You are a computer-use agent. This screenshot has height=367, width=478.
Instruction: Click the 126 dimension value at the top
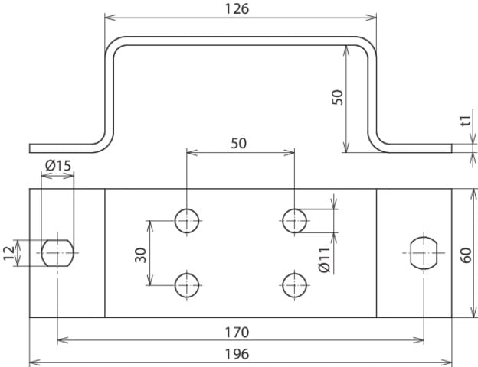tap(240, 8)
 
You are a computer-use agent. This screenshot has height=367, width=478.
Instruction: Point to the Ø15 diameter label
tap(58, 165)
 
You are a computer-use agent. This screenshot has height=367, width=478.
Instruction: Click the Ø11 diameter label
tap(324, 261)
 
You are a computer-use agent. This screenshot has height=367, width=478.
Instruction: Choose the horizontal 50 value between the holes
tap(239, 143)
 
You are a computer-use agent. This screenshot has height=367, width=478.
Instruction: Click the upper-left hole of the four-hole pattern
tap(186, 220)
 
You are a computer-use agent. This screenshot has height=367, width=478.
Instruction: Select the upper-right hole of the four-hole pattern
tap(293, 220)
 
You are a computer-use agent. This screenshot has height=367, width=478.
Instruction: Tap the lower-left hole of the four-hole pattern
tap(186, 285)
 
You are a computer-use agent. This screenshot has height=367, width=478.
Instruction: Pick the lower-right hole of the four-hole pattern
tap(293, 285)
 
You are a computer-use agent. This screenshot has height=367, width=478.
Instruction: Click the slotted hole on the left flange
tap(57, 252)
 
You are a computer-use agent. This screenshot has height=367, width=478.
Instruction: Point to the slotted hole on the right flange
tap(423, 252)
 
